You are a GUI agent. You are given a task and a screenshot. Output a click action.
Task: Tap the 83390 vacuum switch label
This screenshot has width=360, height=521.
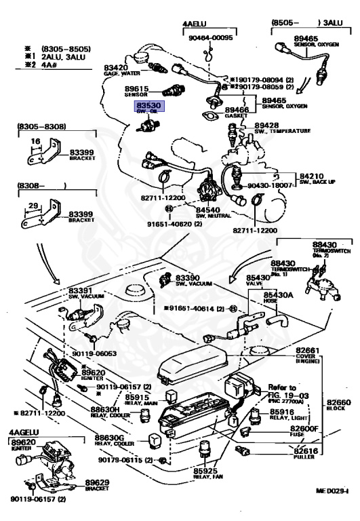point(187,278)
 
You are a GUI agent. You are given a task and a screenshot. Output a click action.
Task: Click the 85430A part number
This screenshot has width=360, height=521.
point(278,295)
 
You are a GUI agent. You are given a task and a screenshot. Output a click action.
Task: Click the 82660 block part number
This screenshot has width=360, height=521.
point(337,402)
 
